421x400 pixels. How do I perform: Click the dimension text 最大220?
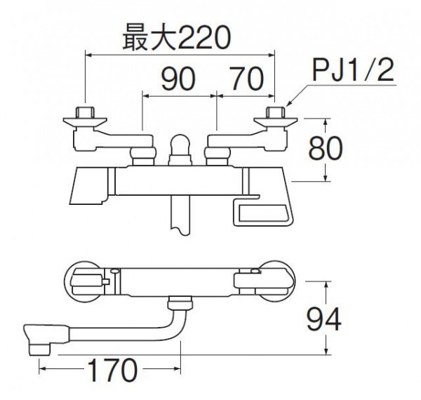tap(176, 37)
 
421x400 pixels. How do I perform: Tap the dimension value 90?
tap(178, 79)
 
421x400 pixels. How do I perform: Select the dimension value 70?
tap(248, 79)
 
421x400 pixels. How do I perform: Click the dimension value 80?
tap(326, 148)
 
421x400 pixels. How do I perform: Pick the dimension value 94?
tap(324, 319)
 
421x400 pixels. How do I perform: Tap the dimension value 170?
tap(112, 370)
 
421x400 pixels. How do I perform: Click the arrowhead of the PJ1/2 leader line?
tap(289, 104)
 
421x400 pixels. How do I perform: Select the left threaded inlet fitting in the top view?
tap(85, 112)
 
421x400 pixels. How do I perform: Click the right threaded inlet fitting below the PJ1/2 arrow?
tap(275, 112)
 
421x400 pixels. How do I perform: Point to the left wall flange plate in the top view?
tap(85, 122)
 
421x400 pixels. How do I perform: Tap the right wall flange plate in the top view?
tap(276, 122)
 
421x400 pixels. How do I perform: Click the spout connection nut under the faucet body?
tap(180, 302)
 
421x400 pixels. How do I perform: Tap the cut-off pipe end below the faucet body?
tap(180, 215)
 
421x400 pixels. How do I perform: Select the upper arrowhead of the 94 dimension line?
tap(326, 285)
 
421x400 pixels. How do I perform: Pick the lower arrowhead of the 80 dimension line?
tap(326, 177)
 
